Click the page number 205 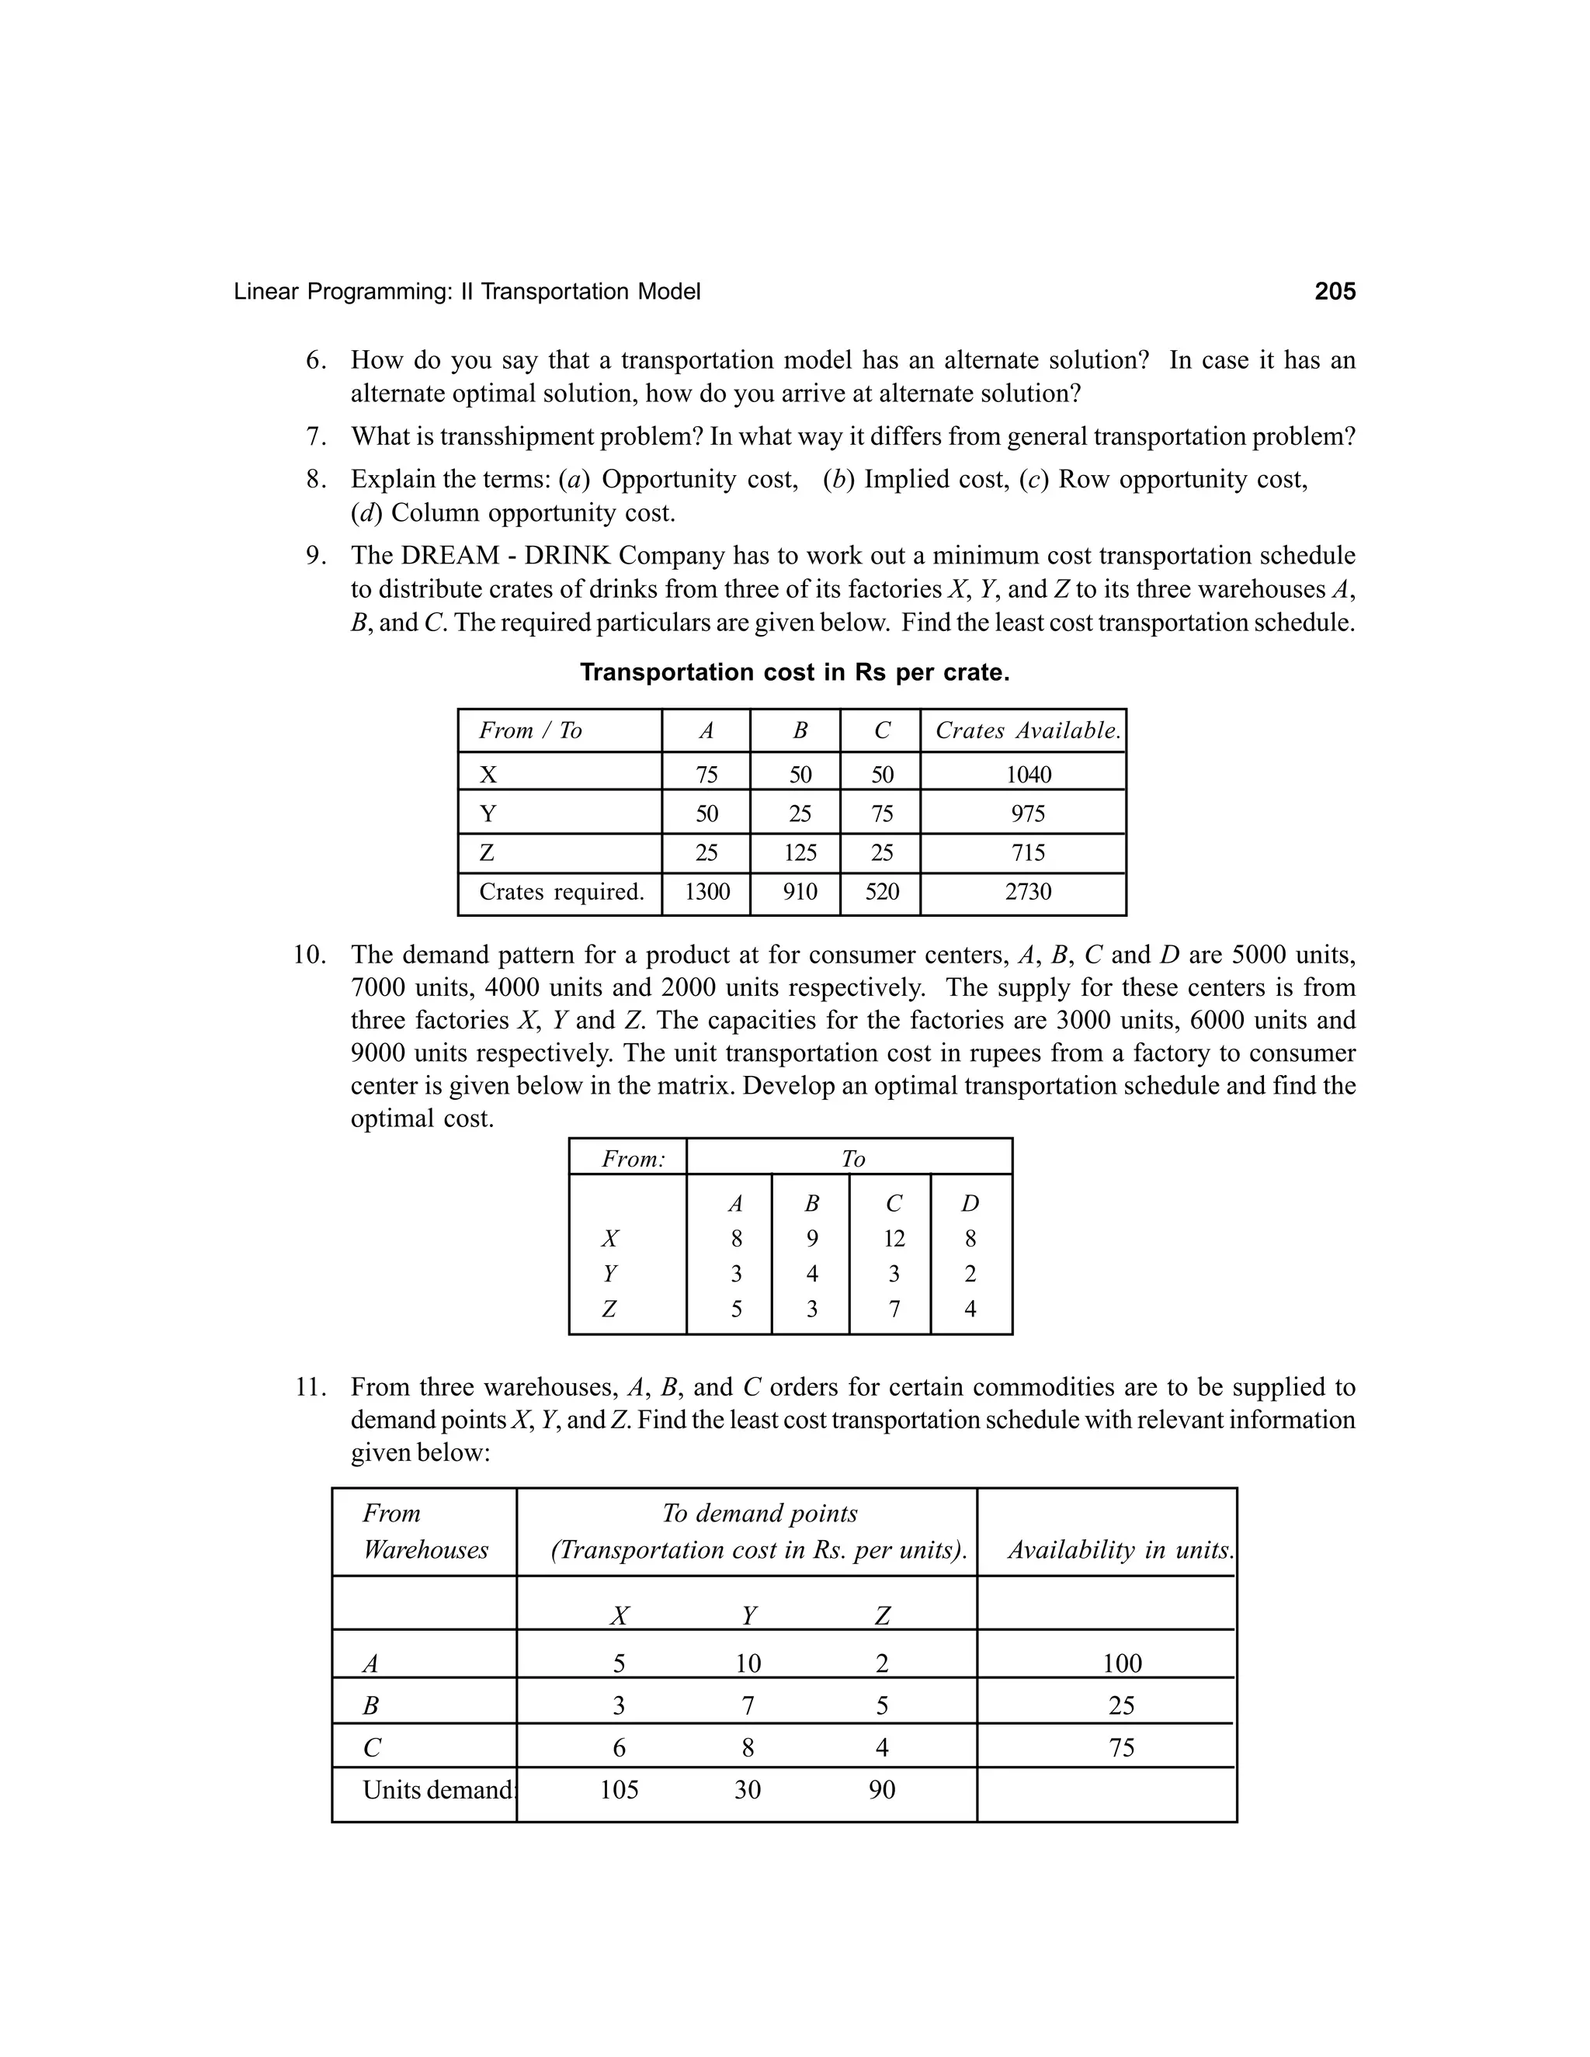1334,292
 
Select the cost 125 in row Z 800,852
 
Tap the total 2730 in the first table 1028,891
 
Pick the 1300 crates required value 706,891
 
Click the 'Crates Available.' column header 1028,730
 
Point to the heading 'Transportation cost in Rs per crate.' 794,672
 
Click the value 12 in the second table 893,1239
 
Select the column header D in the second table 970,1202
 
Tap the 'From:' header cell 633,1158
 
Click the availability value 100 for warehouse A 1121,1663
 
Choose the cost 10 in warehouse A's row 748,1663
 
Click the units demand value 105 619,1789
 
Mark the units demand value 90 882,1789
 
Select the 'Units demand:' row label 439,1789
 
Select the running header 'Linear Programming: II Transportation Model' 467,292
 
